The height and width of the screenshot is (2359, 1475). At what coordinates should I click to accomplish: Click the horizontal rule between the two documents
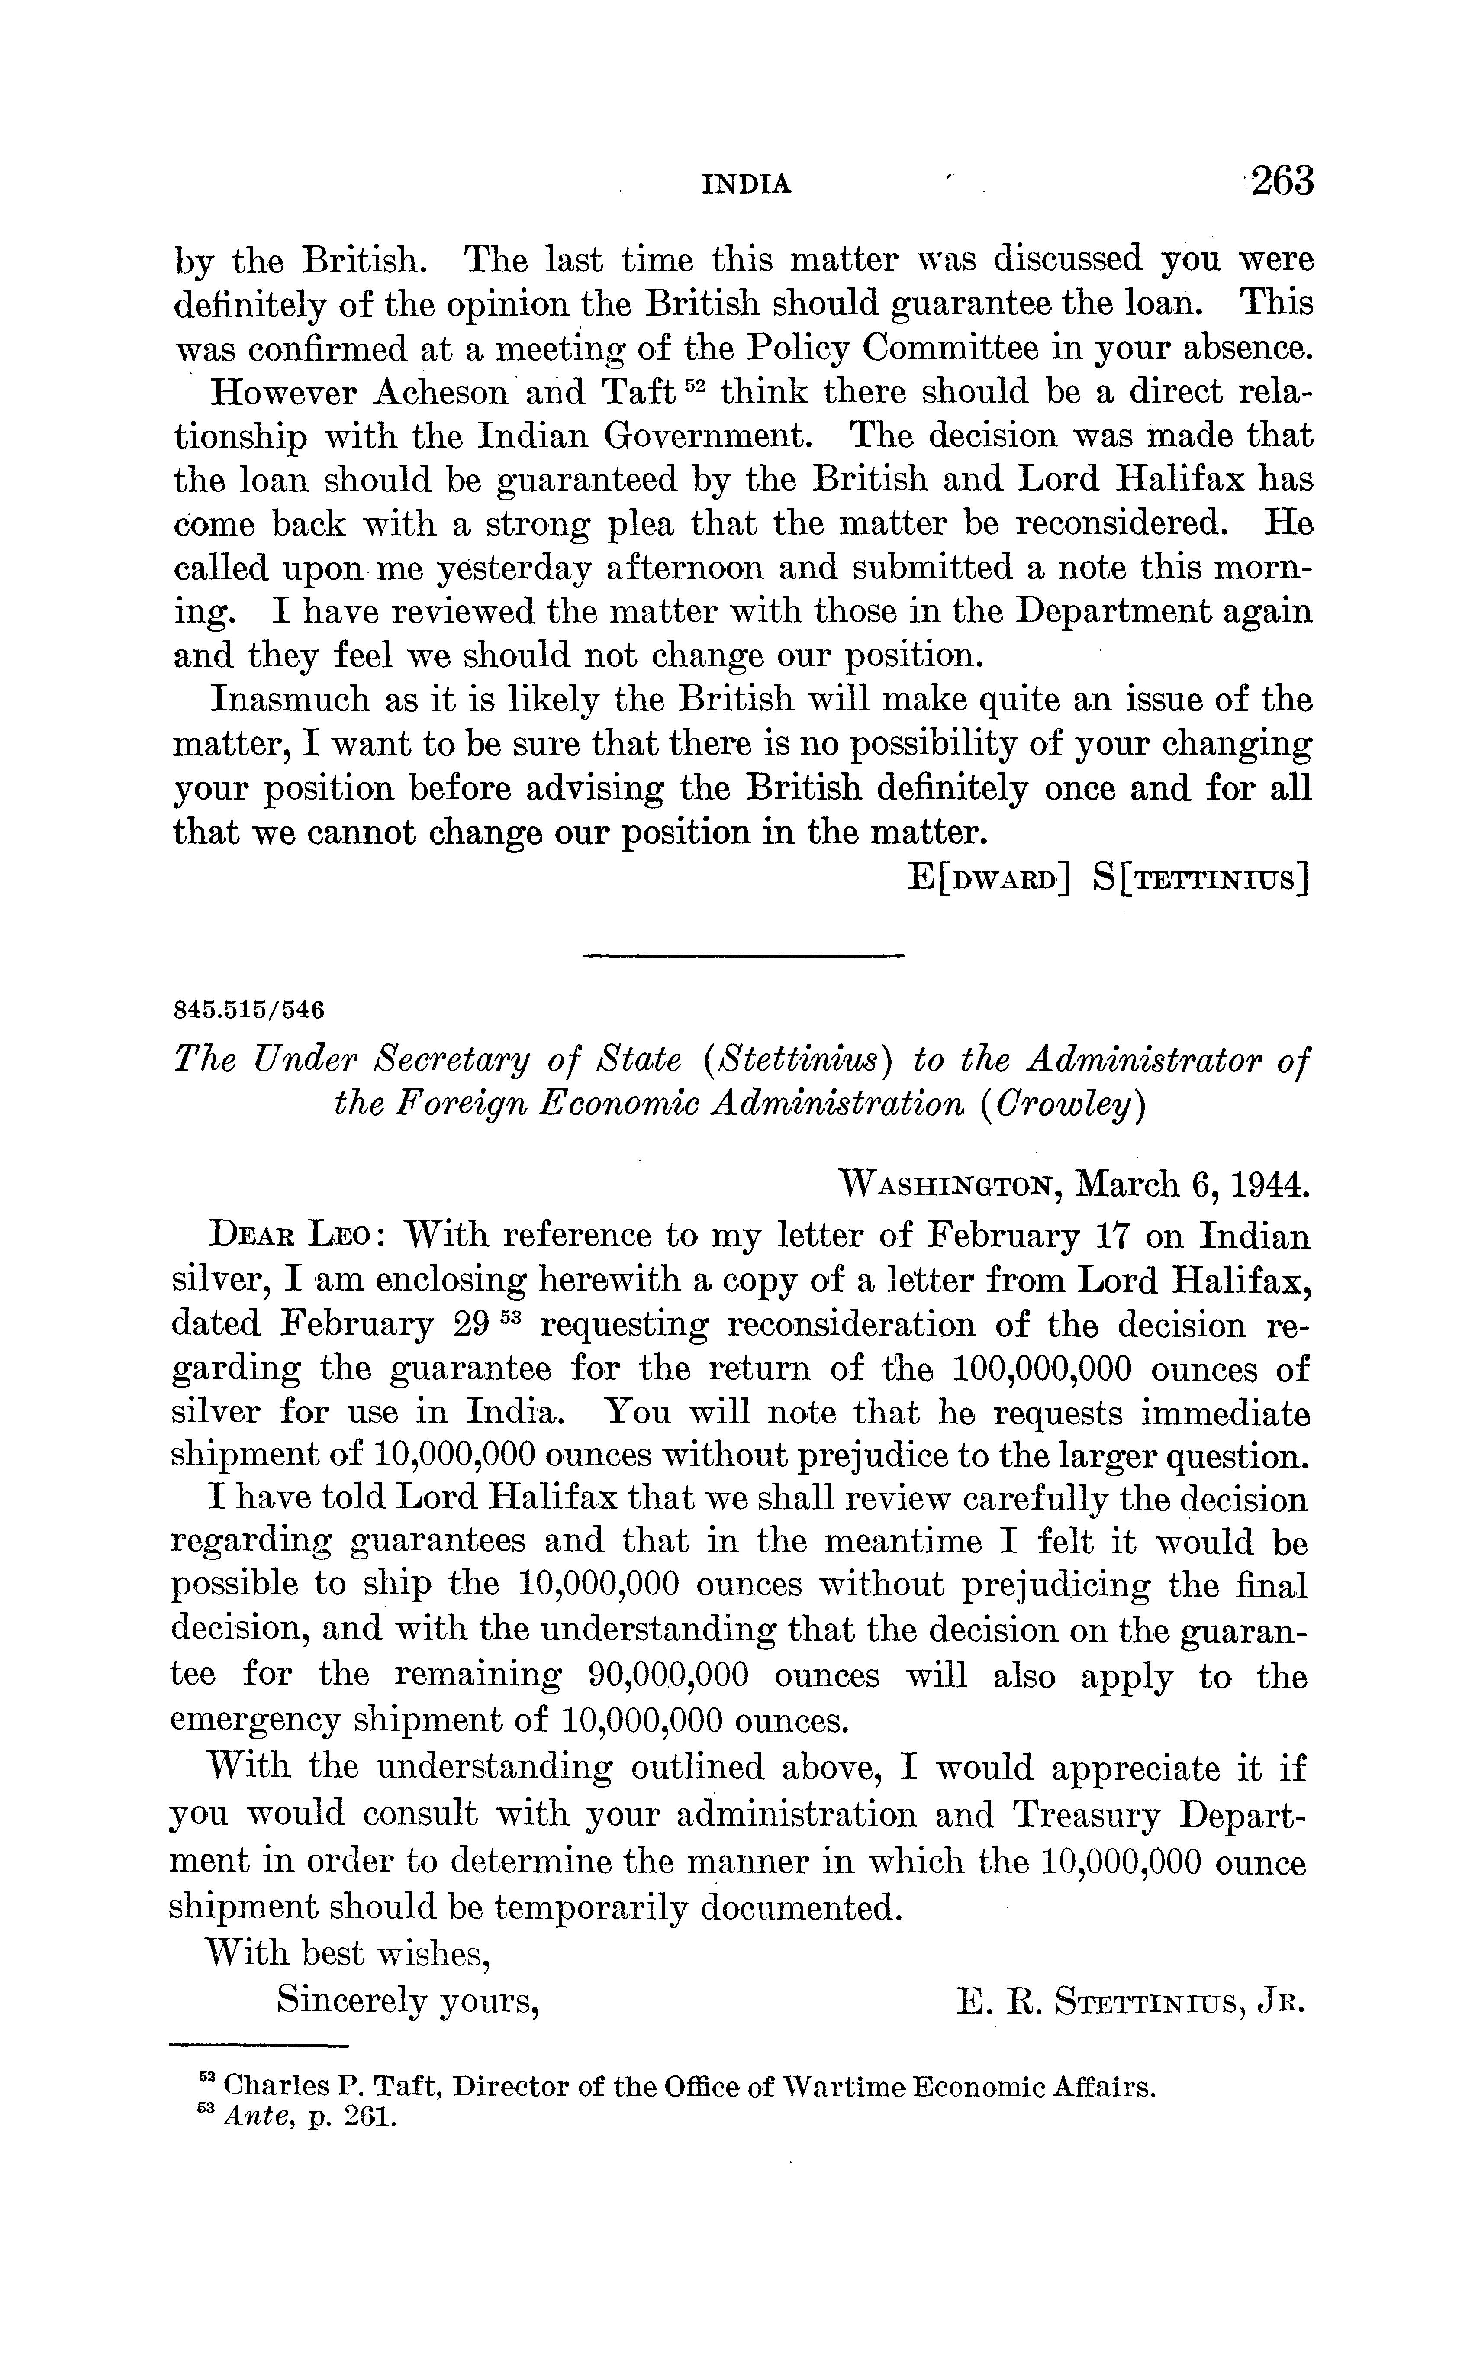[744, 954]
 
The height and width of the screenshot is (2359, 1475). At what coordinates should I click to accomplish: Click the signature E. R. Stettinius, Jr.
[1130, 2003]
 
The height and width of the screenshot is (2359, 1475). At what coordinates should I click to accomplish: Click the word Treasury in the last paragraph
[1086, 1815]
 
